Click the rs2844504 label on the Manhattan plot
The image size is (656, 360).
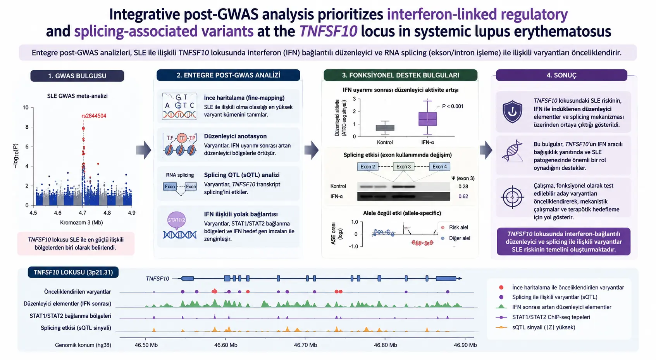[94, 116]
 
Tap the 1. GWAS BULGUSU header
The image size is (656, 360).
[77, 76]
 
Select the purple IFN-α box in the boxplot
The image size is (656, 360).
[427, 119]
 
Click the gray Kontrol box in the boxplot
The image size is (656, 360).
[385, 128]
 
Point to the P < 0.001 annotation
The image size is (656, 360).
[453, 106]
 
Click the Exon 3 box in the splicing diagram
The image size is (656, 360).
[403, 167]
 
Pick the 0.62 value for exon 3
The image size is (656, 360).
[463, 196]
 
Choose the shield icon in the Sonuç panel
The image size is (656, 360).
[512, 111]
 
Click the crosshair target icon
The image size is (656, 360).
[512, 197]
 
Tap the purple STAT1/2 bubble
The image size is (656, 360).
[176, 220]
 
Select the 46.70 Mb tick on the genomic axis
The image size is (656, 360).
[305, 345]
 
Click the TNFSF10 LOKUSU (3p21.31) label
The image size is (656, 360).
[73, 272]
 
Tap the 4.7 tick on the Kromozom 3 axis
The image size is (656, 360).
[83, 213]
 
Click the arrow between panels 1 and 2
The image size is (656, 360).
[143, 150]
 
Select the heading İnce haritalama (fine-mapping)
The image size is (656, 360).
[244, 98]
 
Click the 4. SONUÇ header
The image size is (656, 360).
[561, 75]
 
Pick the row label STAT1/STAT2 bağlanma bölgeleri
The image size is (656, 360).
[70, 316]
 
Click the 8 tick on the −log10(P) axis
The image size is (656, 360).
[27, 127]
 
